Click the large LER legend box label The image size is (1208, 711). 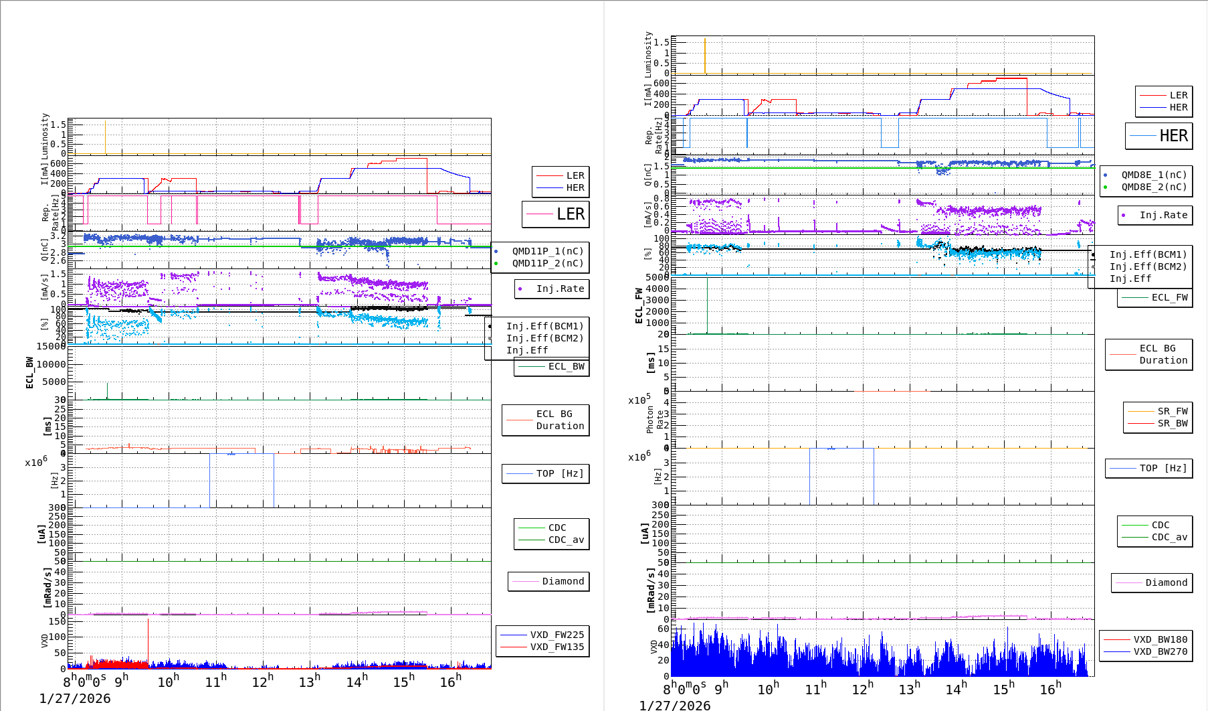coord(570,214)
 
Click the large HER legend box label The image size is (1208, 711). coord(1173,136)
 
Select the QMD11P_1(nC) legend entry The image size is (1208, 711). coord(548,251)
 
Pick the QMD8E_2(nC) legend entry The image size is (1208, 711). coord(1154,187)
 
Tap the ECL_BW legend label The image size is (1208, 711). coord(566,366)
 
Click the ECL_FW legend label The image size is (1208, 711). coord(1169,297)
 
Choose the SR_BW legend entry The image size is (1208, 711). coord(1173,423)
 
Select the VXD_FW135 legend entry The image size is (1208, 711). coord(557,647)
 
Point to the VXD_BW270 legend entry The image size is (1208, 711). coord(1160,651)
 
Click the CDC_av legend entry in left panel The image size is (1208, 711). coord(566,540)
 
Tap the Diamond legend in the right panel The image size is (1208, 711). coord(1166,582)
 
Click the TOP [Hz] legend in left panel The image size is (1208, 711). coord(559,473)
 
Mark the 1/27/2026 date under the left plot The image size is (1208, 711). coord(75,698)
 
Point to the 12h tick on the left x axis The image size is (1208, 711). coord(263,682)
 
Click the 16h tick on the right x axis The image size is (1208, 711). coord(1050,689)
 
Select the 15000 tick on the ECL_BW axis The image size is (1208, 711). coord(52,346)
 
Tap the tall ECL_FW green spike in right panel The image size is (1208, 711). coord(707,305)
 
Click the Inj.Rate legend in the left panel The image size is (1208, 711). coord(560,289)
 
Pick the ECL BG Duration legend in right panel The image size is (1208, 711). coord(1163,354)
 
